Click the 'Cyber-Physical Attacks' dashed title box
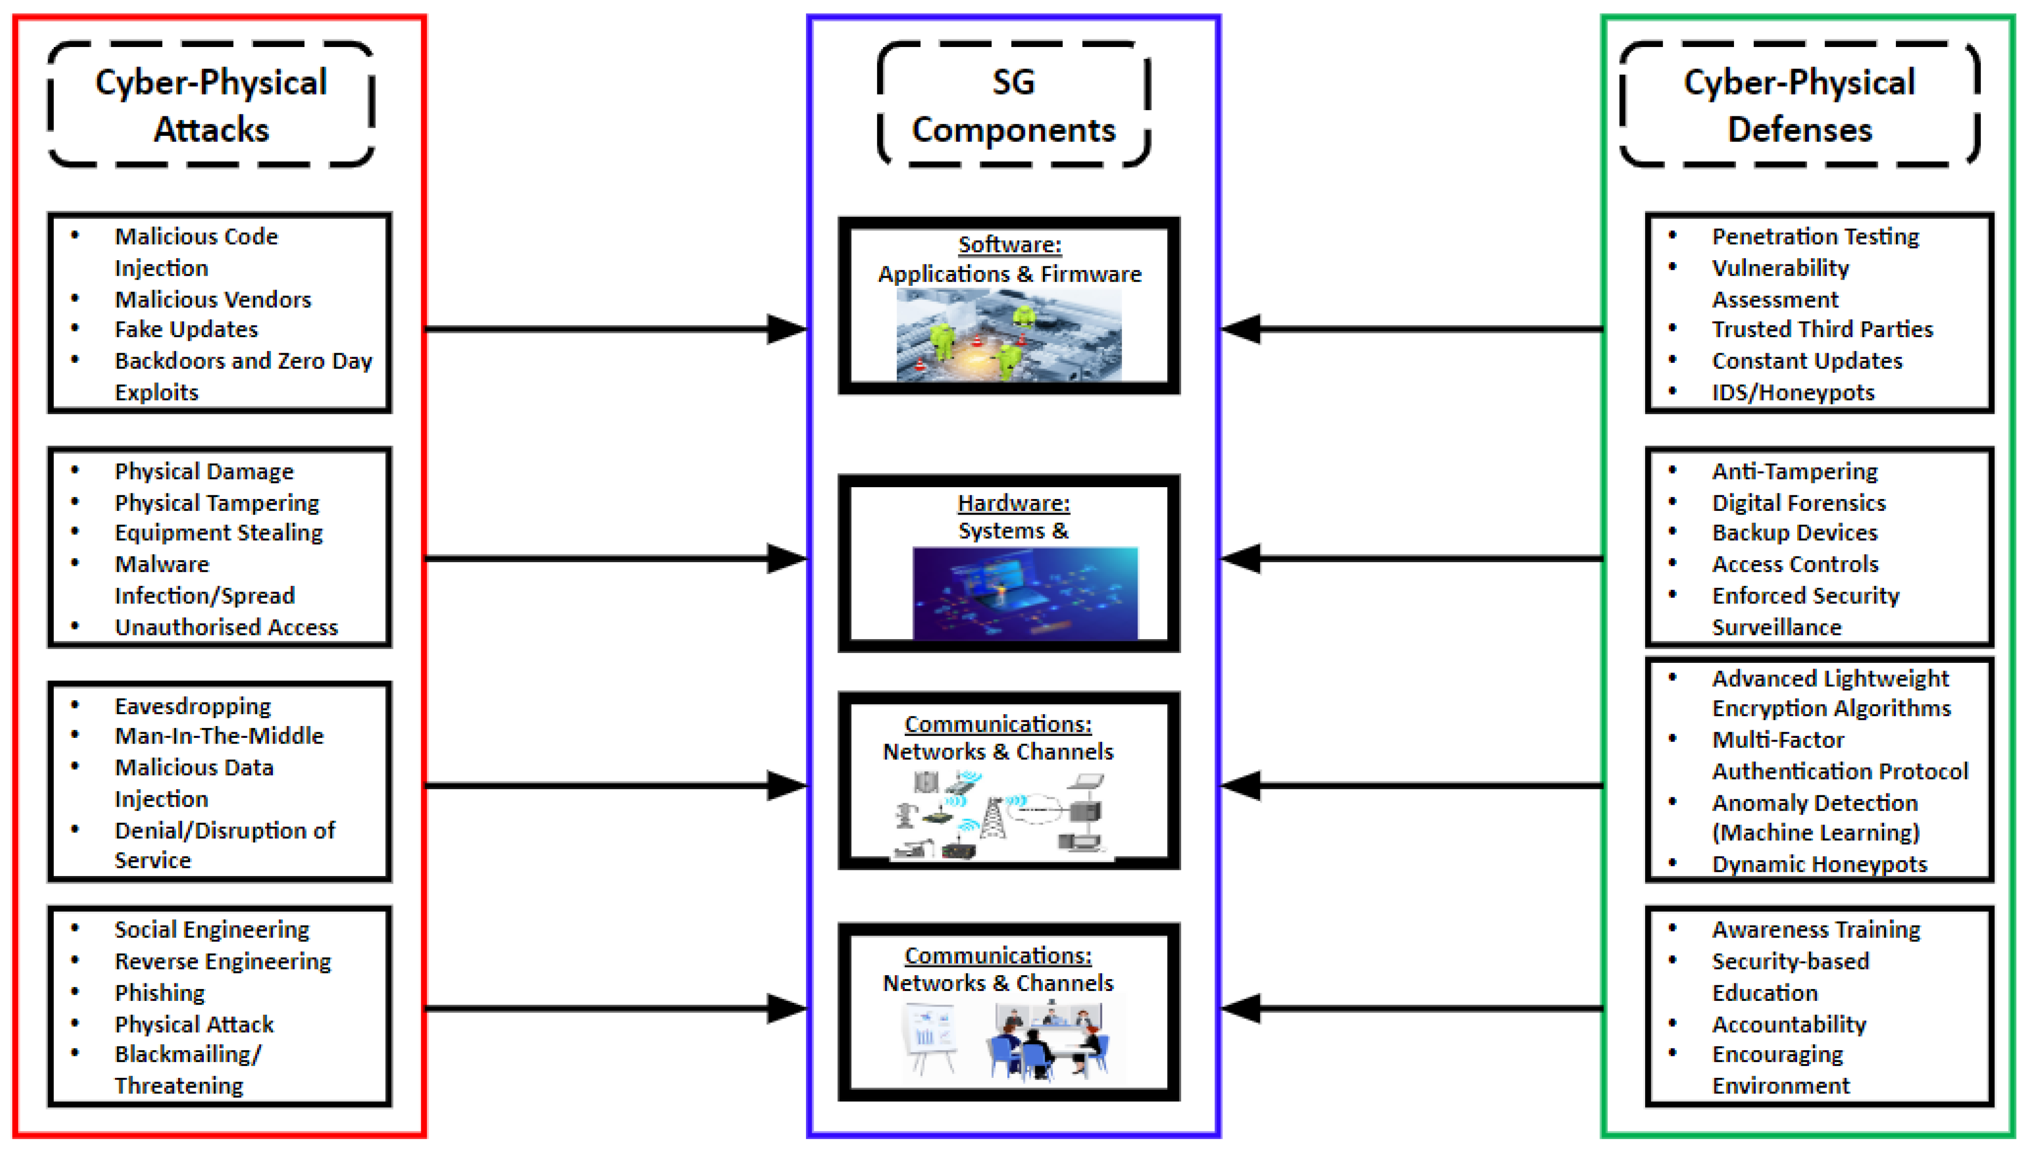(x=211, y=105)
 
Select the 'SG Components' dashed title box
(x=1013, y=105)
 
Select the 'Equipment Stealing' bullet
(x=219, y=532)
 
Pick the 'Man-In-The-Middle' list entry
(x=219, y=736)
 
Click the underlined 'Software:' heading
(x=1010, y=245)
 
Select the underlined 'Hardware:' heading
(x=1013, y=503)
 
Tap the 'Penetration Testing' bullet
(x=1815, y=236)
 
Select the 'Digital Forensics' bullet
(x=1798, y=503)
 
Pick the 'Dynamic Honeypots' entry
(x=1819, y=864)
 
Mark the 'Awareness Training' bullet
(x=1815, y=930)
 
